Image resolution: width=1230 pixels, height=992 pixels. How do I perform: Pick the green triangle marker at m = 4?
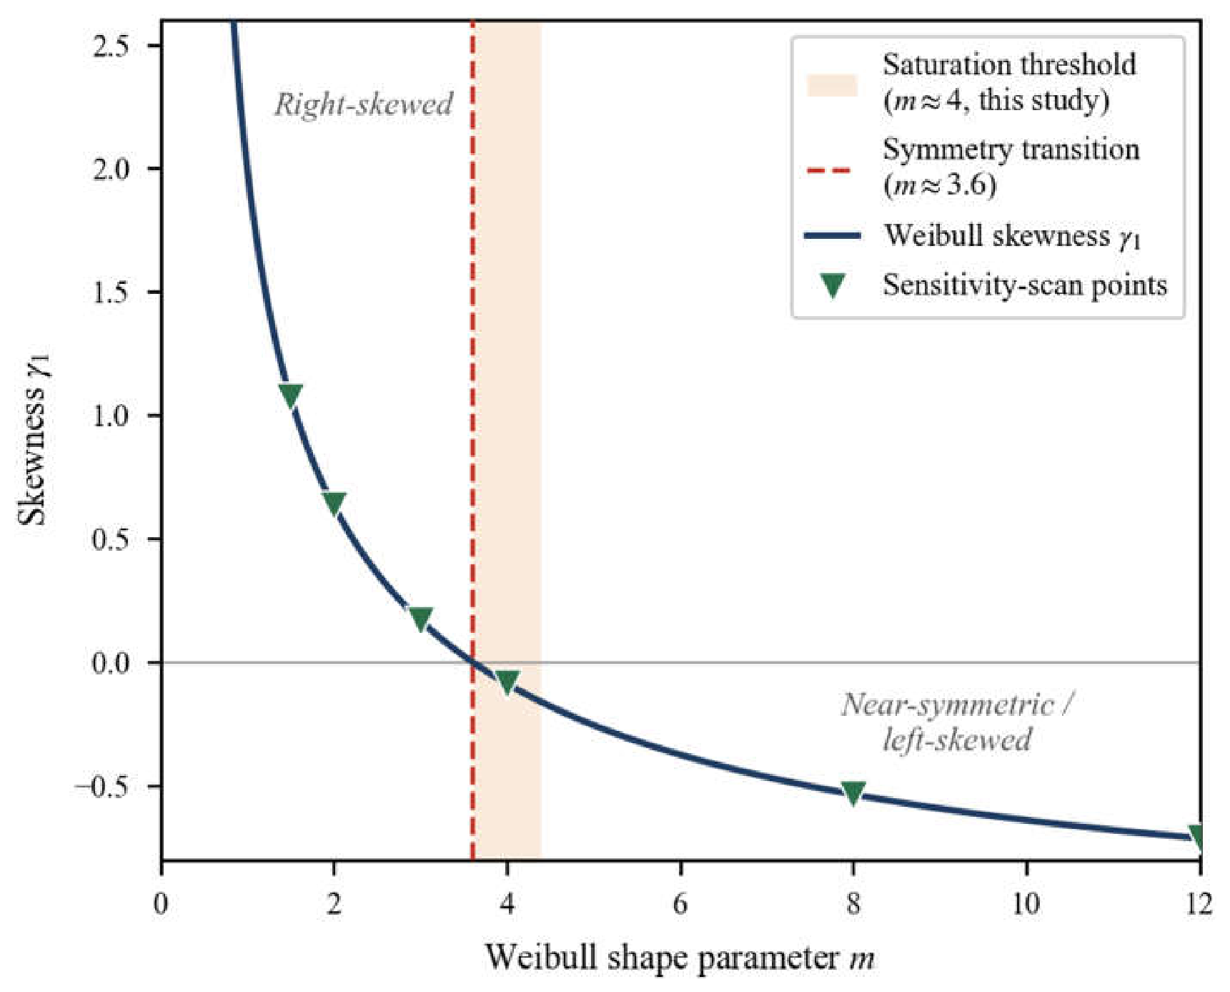tap(507, 682)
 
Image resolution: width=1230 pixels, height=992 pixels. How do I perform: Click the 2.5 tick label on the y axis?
tap(111, 46)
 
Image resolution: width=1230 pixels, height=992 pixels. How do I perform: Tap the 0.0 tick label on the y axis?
tap(111, 663)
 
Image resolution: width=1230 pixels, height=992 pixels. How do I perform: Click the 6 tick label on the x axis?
tap(680, 904)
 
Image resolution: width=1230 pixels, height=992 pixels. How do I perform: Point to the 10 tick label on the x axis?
tap(1026, 904)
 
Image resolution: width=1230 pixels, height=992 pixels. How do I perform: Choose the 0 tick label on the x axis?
tap(162, 904)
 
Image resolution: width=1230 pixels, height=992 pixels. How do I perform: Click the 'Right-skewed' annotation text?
tap(364, 105)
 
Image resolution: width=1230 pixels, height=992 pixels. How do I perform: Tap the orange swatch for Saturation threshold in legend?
tap(832, 84)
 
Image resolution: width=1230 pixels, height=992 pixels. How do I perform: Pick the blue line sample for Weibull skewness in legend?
tap(832, 235)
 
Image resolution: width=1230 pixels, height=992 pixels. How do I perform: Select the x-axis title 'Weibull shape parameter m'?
tap(680, 958)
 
